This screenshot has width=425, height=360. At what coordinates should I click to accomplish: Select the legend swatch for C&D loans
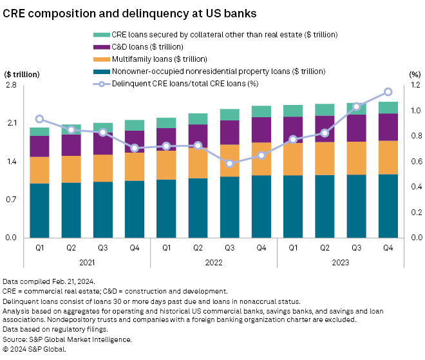point(101,46)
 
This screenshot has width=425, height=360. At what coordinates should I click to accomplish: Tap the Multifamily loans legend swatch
point(101,59)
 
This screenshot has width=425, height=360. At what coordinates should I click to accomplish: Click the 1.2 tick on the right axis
point(415,85)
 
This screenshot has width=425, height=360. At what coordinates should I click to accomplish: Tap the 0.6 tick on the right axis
point(415,161)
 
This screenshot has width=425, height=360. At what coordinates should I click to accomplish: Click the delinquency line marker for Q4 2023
point(388,92)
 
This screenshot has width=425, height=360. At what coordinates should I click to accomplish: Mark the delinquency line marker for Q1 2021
point(39,119)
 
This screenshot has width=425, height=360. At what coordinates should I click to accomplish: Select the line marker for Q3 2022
point(230,164)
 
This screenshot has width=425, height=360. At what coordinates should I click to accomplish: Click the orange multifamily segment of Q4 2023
point(388,157)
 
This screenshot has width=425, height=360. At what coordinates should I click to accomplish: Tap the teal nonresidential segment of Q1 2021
point(39,210)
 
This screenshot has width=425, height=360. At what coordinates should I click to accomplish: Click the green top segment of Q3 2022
point(230,115)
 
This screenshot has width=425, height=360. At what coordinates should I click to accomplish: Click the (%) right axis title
point(415,73)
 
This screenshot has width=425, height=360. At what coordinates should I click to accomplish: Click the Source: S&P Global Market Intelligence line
point(68,339)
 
